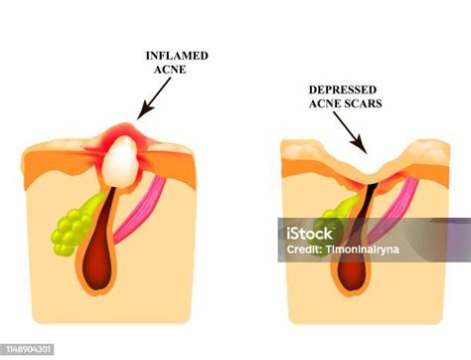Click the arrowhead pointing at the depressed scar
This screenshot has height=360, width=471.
[366, 152]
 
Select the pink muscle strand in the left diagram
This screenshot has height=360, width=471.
[150, 204]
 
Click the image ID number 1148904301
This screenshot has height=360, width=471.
[30, 348]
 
